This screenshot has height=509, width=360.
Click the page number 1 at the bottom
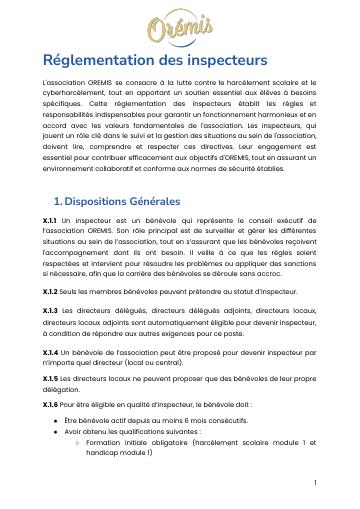click(314, 482)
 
